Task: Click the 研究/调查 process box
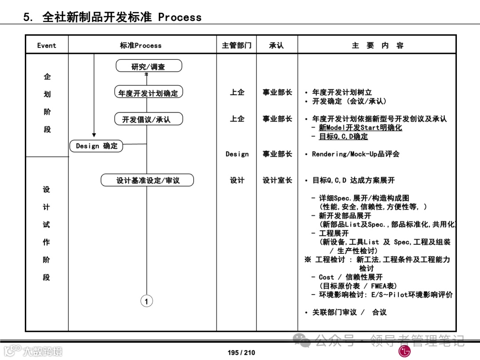[148, 66]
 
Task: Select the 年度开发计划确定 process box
[148, 93]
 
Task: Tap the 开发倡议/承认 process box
[146, 119]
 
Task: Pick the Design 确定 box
[96, 146]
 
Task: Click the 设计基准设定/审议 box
[148, 180]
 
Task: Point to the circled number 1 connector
[147, 301]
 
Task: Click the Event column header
[47, 45]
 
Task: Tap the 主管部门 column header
[236, 45]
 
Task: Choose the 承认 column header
[276, 45]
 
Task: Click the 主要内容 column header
[377, 45]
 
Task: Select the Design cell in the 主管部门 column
[237, 154]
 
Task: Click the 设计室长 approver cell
[277, 180]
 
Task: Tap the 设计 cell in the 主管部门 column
[237, 180]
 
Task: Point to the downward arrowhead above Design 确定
[94, 134]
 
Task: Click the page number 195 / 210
[241, 352]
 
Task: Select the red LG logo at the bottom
[404, 352]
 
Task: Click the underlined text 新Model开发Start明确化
[360, 128]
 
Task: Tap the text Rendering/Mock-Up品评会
[356, 154]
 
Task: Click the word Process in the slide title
[180, 17]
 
